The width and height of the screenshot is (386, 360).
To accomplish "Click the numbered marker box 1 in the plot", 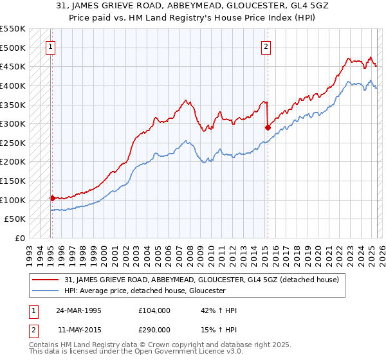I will click(50, 46).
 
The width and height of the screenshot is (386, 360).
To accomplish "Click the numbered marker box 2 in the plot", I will click(266, 46).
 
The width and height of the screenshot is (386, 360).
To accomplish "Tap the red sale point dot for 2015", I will click(268, 127).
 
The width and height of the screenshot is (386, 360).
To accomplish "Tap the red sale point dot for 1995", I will click(52, 198).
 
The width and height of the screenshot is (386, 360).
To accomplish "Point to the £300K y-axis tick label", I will click(14, 123).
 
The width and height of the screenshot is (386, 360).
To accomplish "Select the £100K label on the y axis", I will click(14, 200).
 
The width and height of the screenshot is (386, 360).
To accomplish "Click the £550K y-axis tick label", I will click(14, 29).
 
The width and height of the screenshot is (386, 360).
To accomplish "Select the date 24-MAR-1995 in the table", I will click(78, 310).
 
